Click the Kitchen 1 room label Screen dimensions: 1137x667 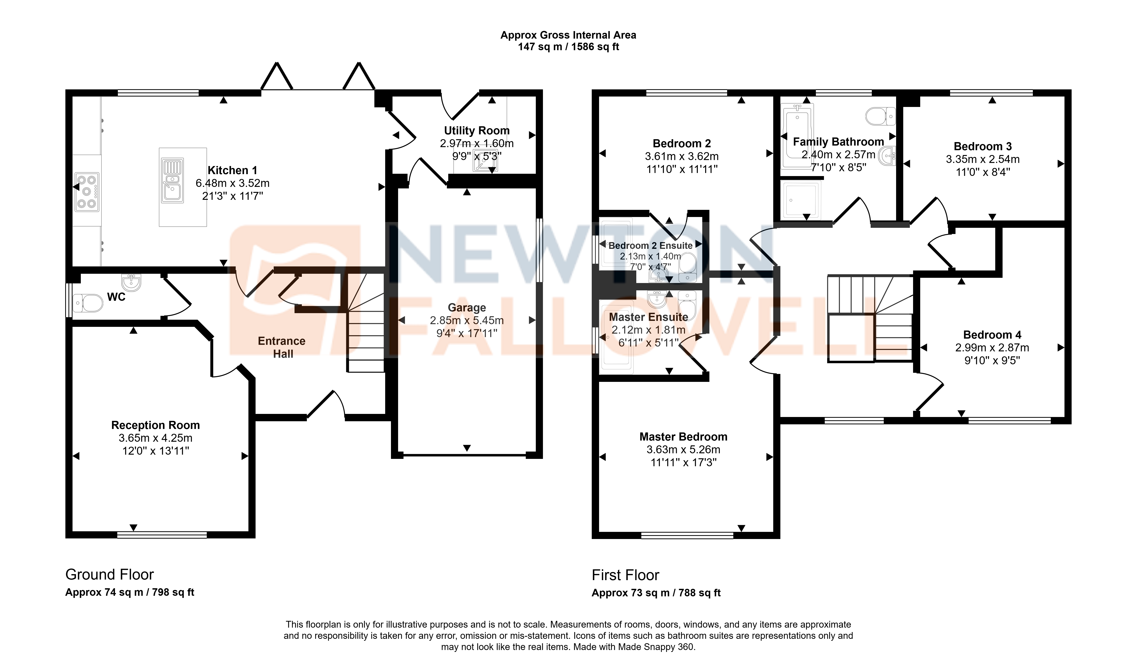[232, 170]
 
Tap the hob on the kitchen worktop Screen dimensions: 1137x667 [87, 192]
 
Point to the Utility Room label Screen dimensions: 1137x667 [477, 131]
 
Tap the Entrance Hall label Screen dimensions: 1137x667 [282, 347]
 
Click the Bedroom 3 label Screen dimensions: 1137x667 [983, 146]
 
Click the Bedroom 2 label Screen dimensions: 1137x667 [682, 144]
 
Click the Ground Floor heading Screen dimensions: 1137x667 [110, 574]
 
